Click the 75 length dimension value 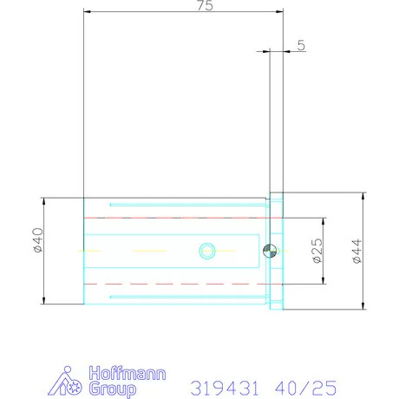tap(205, 5)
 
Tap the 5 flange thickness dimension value tap(301, 45)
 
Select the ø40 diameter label tap(38, 240)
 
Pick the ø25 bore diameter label tap(317, 251)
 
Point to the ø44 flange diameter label tap(357, 251)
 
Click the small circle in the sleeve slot tap(207, 251)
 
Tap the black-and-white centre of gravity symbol tap(270, 251)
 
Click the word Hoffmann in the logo tap(128, 373)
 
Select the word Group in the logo tap(112, 389)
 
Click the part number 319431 tap(225, 388)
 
